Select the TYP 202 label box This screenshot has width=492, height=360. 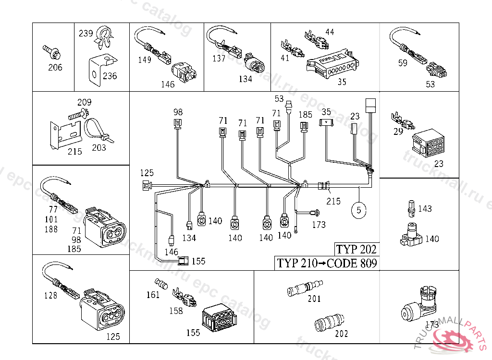click(356, 249)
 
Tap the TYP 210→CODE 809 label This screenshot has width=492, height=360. click(326, 263)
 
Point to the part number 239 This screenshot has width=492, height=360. click(86, 34)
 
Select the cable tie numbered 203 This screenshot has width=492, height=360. click(98, 132)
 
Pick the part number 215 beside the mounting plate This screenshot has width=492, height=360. click(74, 151)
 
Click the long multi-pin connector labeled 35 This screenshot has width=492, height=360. click(332, 65)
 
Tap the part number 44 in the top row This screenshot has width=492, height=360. click(329, 32)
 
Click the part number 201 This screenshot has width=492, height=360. click(314, 299)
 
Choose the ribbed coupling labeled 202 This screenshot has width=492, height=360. click(329, 320)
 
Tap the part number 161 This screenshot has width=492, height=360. click(153, 294)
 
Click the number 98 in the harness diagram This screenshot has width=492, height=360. click(178, 112)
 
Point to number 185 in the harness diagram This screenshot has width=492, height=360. click(306, 115)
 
